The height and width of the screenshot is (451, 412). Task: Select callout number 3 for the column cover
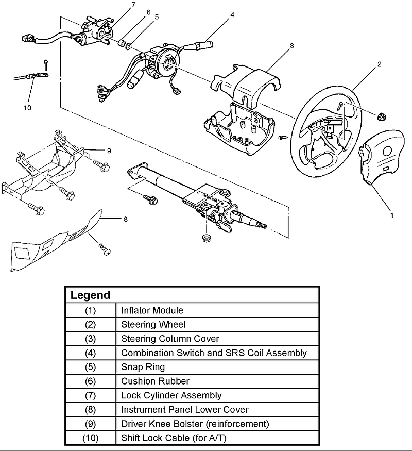tap(291, 46)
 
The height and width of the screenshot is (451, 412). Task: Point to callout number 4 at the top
tap(232, 14)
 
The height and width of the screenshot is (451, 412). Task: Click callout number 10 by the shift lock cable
tap(27, 107)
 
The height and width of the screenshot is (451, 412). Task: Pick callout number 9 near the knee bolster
tap(109, 151)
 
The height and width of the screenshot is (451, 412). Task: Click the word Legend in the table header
tap(90, 295)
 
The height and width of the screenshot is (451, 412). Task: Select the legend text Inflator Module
tap(152, 310)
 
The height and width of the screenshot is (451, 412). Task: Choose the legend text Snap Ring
tap(143, 368)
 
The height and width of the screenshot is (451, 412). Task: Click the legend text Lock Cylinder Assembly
tap(171, 396)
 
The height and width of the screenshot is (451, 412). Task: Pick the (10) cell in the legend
tap(90, 438)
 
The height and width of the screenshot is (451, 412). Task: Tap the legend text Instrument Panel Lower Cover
tap(185, 410)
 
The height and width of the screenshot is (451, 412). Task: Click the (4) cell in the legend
tap(90, 353)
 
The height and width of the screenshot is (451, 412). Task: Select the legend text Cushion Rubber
tap(155, 381)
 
